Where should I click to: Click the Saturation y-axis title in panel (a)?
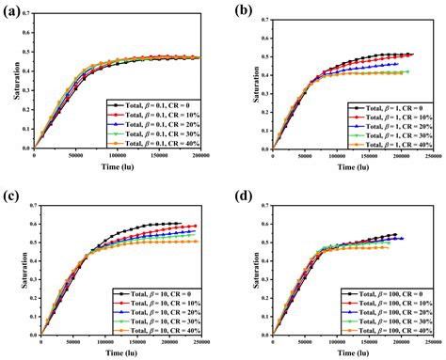click(x=10, y=84)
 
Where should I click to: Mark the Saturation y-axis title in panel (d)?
click(x=240, y=269)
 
